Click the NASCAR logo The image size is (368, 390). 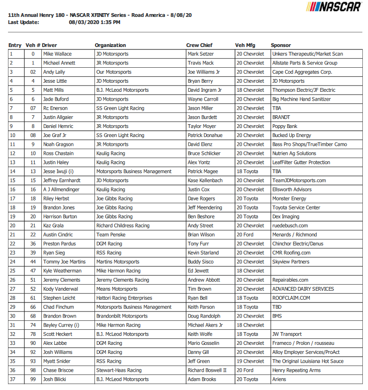[x=335, y=7]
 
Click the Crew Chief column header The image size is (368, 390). [x=199, y=45]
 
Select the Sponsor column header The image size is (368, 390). [x=281, y=45]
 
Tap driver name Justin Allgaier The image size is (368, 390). [x=59, y=117]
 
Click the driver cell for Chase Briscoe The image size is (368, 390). [x=59, y=370]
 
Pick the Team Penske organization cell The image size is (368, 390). [x=110, y=235]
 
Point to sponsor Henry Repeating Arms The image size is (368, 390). [x=296, y=370]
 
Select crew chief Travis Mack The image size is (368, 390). [x=201, y=63]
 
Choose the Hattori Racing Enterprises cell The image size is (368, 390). [x=124, y=298]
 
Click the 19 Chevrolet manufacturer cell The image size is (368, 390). [x=250, y=361]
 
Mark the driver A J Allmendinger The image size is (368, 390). [x=61, y=190]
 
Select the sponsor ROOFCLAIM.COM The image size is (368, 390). [x=291, y=298]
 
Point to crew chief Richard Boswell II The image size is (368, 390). [x=207, y=370]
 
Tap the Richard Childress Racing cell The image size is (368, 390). [x=123, y=226]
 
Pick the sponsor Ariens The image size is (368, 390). [x=279, y=379]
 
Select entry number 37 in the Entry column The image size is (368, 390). [x=12, y=379]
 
